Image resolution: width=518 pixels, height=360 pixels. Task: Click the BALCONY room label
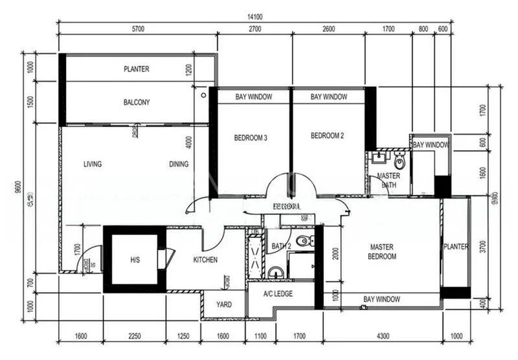point(136,102)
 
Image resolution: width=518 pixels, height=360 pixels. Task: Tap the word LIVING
point(93,164)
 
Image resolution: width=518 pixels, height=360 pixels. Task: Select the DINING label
point(179,164)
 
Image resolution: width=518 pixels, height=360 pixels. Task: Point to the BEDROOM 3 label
point(251,137)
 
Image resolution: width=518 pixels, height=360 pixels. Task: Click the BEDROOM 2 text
point(327,136)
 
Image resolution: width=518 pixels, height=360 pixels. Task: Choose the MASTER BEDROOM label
point(383,252)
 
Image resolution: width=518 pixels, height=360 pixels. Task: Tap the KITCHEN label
point(205,260)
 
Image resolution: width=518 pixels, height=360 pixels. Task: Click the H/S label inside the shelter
point(135,260)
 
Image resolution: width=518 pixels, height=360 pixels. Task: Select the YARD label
point(224,304)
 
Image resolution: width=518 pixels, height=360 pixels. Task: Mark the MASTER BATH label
point(388,180)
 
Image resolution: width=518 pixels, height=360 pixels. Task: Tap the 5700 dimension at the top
point(137,29)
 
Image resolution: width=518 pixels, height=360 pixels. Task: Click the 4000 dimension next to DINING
point(188,141)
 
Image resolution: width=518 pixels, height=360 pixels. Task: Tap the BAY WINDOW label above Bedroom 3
point(253,96)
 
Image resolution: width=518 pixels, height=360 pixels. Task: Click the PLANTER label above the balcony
point(137,69)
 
